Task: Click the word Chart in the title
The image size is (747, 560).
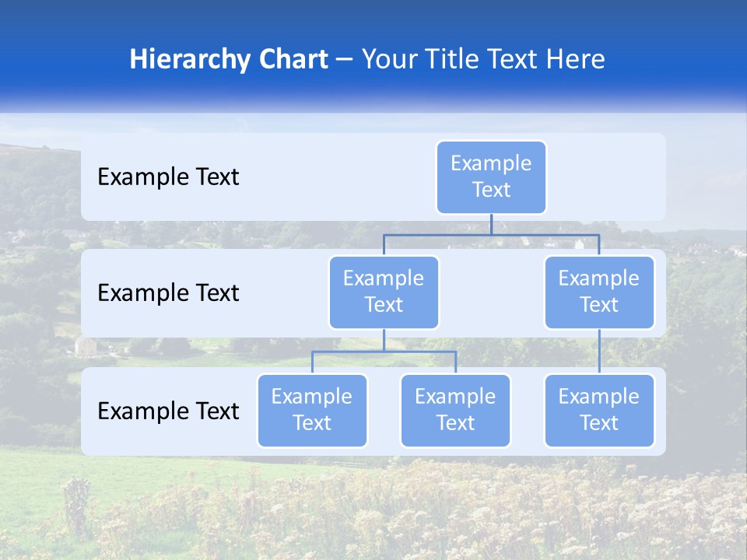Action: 286,59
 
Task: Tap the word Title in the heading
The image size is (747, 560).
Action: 449,59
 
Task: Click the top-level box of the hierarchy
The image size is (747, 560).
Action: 491,177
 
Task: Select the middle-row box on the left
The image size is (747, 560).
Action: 384,292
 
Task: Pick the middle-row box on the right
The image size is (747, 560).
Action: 599,292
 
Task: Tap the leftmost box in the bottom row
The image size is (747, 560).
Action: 312,410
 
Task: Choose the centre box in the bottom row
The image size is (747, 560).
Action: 455,410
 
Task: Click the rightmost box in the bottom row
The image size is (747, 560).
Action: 599,410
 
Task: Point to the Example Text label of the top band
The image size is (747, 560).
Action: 168,177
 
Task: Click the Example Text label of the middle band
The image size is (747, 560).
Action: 168,293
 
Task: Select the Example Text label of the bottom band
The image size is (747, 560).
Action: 168,411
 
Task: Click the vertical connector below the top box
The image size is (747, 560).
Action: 491,224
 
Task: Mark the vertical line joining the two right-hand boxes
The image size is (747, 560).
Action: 599,352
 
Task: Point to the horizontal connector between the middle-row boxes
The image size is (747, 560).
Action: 491,235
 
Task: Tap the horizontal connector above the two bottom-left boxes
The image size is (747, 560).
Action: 384,352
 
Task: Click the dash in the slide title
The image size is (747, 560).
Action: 345,60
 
